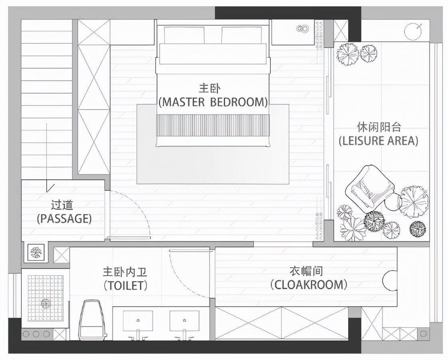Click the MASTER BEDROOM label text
click(x=213, y=102)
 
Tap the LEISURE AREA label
click(x=379, y=141)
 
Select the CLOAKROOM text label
click(x=309, y=285)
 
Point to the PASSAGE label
click(x=64, y=218)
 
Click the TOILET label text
click(x=126, y=285)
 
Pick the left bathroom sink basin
click(x=138, y=321)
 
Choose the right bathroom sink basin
click(x=184, y=321)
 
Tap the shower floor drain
click(x=45, y=303)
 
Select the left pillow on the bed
click(x=184, y=35)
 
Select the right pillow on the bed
click(x=242, y=35)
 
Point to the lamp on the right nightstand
click(x=303, y=29)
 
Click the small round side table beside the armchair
click(x=393, y=202)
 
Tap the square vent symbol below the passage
click(x=36, y=252)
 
